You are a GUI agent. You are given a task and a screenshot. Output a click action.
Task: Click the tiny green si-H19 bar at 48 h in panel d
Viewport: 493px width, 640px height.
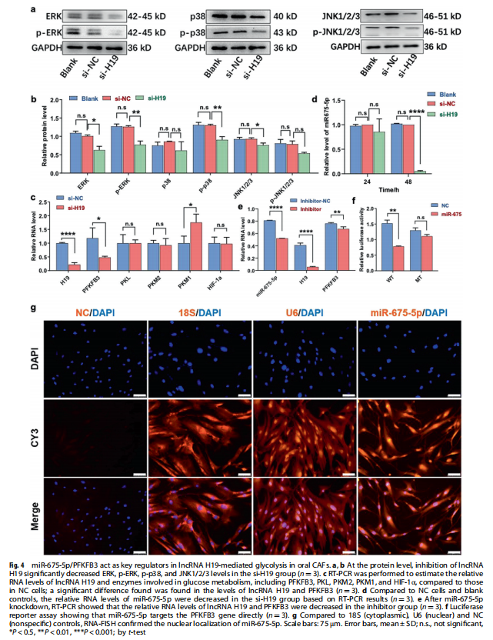tap(420, 171)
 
